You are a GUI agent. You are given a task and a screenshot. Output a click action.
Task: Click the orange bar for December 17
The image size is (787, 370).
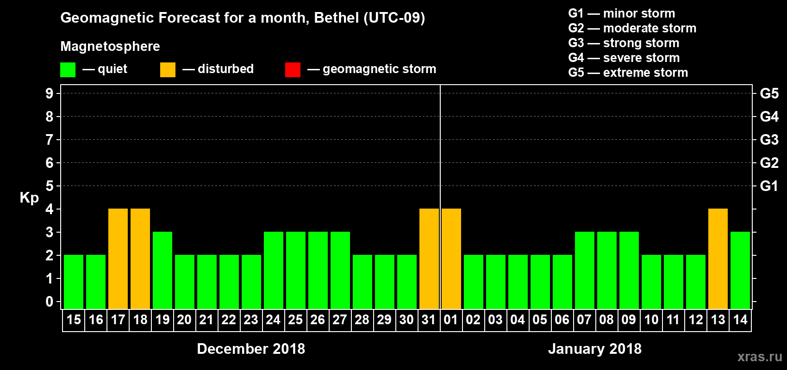[118, 259]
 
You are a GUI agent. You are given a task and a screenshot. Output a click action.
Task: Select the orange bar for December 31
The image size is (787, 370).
[429, 259]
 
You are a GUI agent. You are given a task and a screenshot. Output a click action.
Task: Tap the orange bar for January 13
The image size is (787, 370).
[718, 259]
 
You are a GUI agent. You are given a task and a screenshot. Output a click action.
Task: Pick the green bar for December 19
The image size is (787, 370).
[162, 270]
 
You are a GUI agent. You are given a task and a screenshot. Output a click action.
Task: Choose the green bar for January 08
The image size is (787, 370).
[607, 270]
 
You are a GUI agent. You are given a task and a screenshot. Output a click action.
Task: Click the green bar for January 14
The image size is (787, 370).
[740, 270]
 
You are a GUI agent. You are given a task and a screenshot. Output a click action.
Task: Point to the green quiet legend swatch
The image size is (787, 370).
[68, 70]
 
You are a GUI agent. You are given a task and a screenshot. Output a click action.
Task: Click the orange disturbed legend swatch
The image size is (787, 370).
[168, 70]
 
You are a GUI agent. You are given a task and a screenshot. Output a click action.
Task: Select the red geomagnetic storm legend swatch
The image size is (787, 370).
[293, 70]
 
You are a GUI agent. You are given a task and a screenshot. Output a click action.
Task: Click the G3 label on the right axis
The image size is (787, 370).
[769, 140]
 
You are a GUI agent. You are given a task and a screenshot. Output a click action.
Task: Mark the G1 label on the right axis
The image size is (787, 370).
[769, 186]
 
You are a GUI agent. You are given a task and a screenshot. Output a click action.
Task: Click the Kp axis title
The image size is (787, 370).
[29, 198]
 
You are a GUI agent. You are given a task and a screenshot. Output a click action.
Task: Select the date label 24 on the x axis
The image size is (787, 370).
[273, 320]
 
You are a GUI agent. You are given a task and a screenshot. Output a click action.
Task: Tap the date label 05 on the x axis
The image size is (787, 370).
[540, 320]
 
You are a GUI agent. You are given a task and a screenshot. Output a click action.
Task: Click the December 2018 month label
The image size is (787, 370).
[251, 349]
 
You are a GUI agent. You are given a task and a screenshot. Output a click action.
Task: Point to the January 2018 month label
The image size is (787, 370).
[595, 349]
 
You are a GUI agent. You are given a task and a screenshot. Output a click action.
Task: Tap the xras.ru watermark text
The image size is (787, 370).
[760, 357]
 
